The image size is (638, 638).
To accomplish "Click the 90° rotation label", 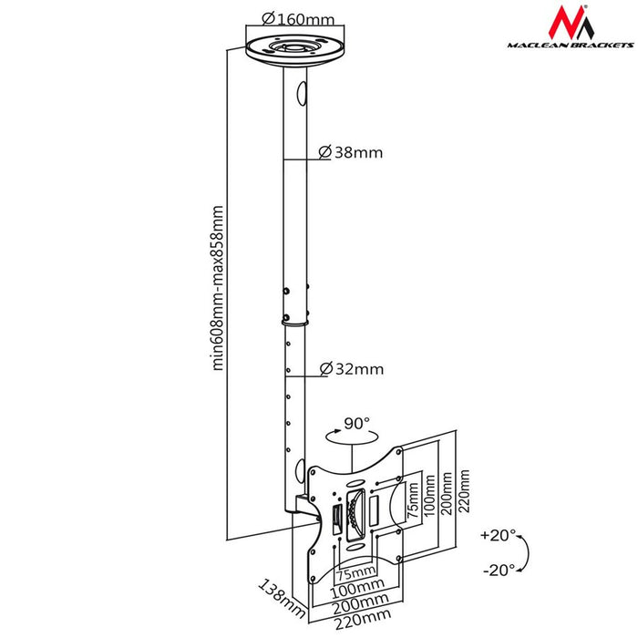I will (357, 424).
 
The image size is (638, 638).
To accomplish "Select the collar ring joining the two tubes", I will (295, 318).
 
